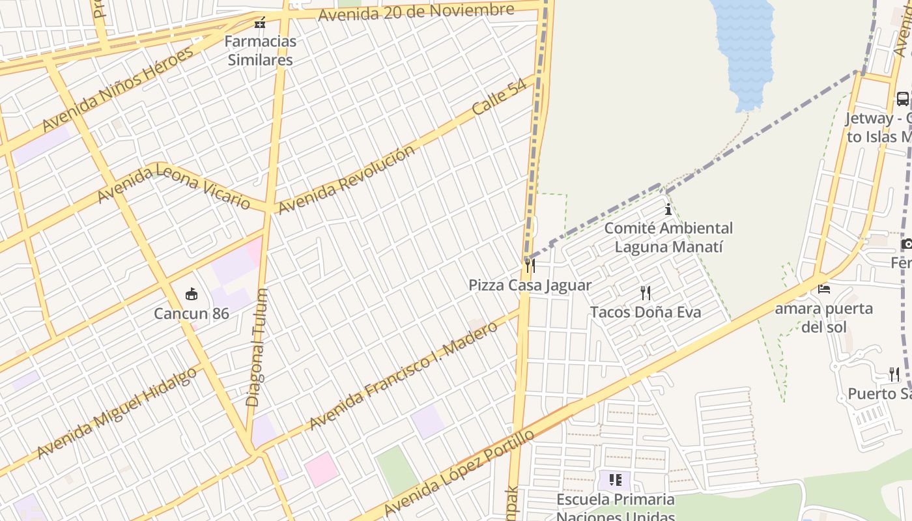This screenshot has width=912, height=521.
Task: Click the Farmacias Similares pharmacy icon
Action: (260, 23)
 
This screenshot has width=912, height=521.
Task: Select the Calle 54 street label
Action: (499, 98)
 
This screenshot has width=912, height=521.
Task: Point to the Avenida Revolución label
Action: (346, 179)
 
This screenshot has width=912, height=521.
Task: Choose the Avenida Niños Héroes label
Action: (117, 89)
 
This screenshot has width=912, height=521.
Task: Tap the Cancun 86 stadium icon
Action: (192, 294)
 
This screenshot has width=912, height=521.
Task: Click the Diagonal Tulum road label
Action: (256, 348)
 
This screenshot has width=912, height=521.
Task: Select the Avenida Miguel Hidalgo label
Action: (117, 413)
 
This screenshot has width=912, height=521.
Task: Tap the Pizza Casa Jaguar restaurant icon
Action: (530, 266)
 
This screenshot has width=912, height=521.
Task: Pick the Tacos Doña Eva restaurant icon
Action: (646, 293)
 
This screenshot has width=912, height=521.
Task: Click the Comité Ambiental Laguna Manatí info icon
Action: (668, 210)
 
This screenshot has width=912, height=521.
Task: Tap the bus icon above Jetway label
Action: (902, 99)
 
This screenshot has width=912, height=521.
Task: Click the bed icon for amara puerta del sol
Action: (824, 289)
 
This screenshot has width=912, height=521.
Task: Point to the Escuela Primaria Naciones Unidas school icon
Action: (615, 481)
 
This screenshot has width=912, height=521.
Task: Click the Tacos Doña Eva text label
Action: (646, 313)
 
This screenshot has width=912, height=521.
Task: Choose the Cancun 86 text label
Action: (192, 314)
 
